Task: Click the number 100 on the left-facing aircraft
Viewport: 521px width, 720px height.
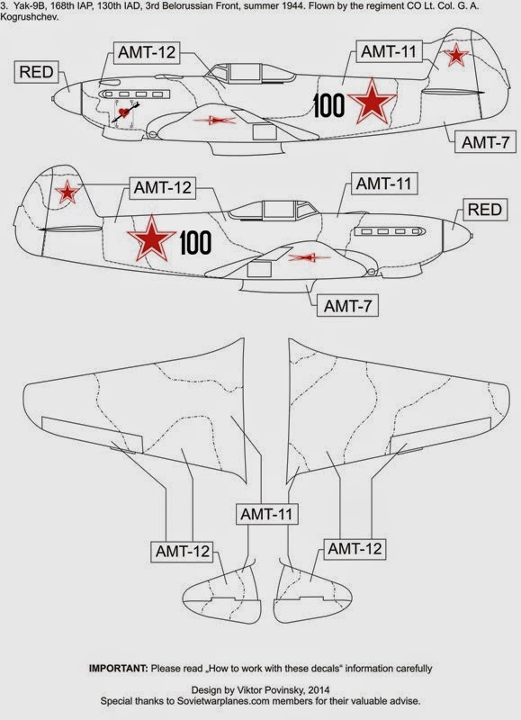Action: click(329, 105)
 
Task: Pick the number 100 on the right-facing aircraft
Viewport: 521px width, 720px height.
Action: click(195, 242)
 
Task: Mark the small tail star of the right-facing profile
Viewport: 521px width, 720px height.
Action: click(66, 191)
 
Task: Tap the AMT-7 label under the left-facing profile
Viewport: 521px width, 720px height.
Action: click(484, 141)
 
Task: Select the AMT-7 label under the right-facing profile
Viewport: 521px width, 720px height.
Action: click(346, 306)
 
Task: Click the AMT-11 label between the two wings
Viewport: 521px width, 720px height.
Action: click(266, 515)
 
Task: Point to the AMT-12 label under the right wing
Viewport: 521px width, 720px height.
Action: click(355, 548)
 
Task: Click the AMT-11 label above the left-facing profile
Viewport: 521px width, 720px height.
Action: click(386, 51)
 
